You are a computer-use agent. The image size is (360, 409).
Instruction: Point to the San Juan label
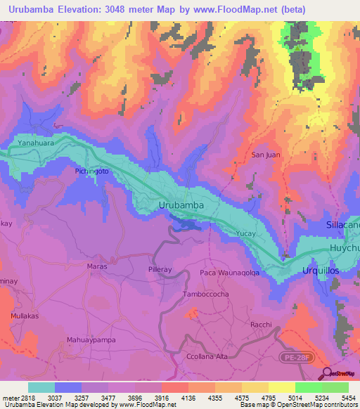[x=266, y=155]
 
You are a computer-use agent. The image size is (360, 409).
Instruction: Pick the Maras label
[x=97, y=266]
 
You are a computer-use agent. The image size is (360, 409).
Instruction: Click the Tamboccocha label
[x=205, y=294]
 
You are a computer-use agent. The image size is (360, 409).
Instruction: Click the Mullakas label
[x=25, y=317]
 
